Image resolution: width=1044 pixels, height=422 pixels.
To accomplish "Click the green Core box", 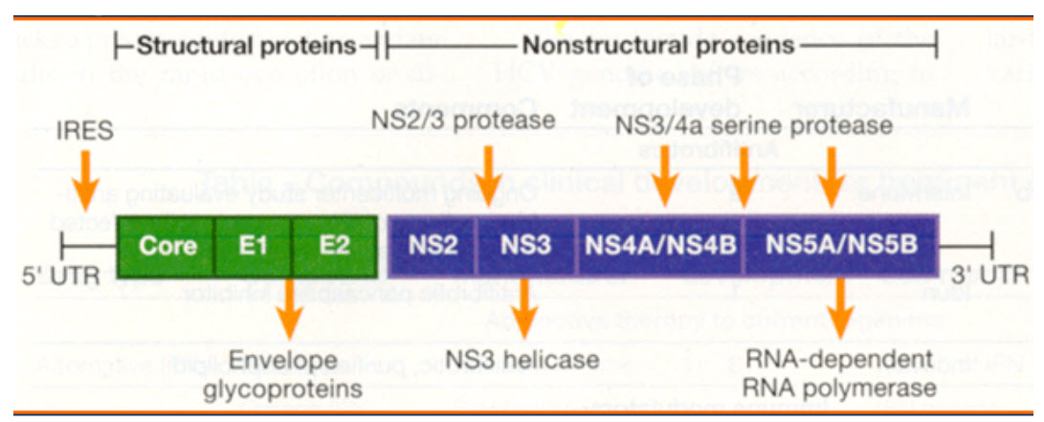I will click(167, 245).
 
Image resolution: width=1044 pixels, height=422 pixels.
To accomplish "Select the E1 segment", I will click(254, 245).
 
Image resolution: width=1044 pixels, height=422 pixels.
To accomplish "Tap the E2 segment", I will click(334, 245).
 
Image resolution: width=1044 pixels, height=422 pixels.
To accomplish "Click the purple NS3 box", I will click(526, 245).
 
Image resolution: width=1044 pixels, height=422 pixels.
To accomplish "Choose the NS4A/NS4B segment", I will click(660, 245).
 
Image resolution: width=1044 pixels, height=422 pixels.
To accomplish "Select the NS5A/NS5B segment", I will click(841, 245).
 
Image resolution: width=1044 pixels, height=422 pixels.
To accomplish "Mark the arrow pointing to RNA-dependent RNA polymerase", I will click(841, 316).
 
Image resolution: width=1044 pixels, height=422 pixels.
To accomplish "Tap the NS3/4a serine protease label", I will click(754, 125).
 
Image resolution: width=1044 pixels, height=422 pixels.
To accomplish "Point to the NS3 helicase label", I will click(522, 361).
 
